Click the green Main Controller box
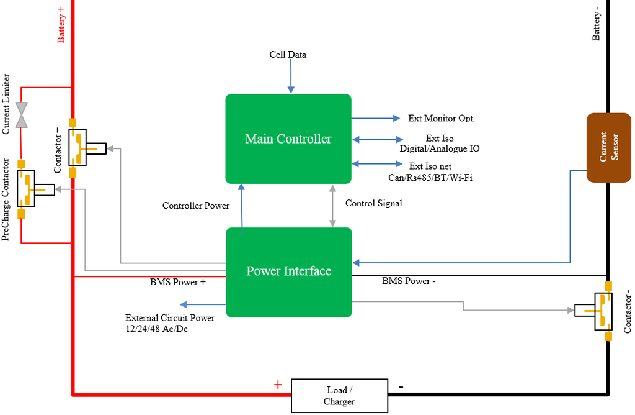point(288,139)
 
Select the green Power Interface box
point(289,271)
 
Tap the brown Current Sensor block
point(608,147)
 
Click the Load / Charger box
point(339,396)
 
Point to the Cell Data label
point(288,55)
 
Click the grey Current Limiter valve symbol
point(22,115)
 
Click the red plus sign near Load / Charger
point(278,385)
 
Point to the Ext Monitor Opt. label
point(442,118)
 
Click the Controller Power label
point(196,206)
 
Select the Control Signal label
point(373,203)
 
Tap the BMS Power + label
point(178,281)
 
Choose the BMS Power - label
point(409,281)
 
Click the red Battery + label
point(61,25)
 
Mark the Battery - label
point(597,24)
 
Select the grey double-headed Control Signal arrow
point(332,206)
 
